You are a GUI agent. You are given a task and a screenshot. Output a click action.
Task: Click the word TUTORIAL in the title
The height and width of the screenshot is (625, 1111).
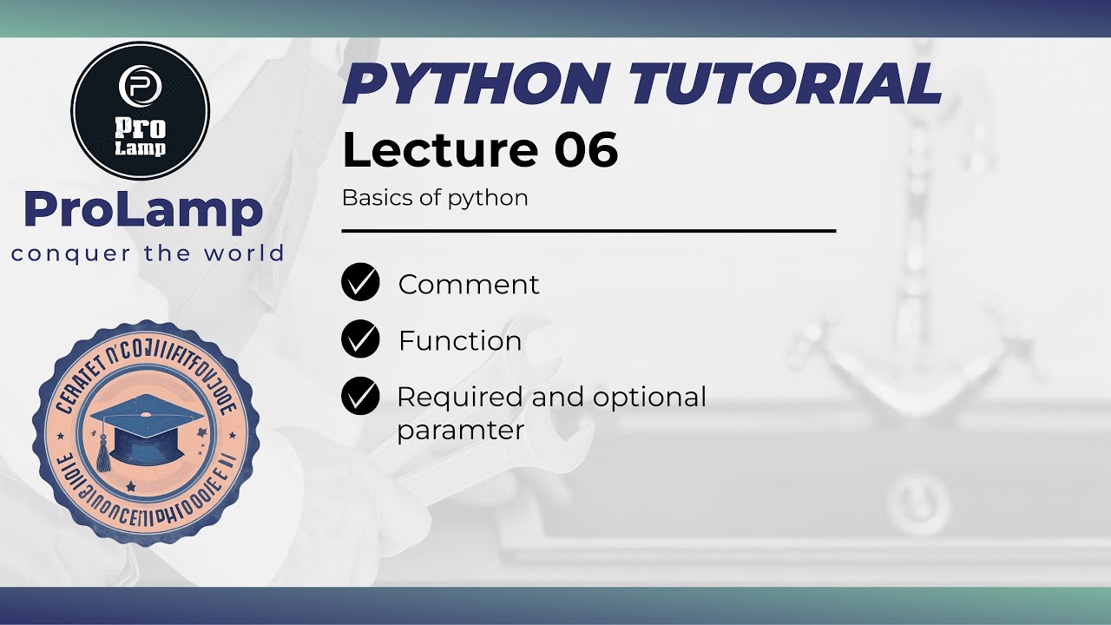tap(785, 85)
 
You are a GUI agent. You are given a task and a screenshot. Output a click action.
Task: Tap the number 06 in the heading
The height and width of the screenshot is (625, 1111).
tap(586, 149)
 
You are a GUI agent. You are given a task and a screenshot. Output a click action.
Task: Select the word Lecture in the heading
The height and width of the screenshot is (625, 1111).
tap(439, 149)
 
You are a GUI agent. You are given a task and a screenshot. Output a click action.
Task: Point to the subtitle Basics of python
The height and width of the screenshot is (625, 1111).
tap(435, 198)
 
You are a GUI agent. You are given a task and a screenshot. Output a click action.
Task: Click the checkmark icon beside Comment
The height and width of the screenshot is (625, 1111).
tap(360, 283)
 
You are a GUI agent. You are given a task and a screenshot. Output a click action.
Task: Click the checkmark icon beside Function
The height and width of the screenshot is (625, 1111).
tap(360, 339)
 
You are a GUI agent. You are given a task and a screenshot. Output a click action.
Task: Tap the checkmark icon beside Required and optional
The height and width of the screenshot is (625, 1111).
tap(360, 397)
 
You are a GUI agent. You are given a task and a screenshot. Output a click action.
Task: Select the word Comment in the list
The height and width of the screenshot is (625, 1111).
tap(469, 285)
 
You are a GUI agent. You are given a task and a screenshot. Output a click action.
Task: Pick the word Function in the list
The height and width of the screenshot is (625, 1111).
tap(460, 341)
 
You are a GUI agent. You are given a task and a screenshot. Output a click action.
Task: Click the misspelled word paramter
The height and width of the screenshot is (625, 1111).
tap(460, 431)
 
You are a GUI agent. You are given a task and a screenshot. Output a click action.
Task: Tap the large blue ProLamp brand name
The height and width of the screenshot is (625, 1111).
tap(143, 211)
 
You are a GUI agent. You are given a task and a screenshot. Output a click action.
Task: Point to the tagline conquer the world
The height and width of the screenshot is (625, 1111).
tap(148, 253)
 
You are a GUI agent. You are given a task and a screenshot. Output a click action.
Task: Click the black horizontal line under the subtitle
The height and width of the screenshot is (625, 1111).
tap(588, 232)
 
